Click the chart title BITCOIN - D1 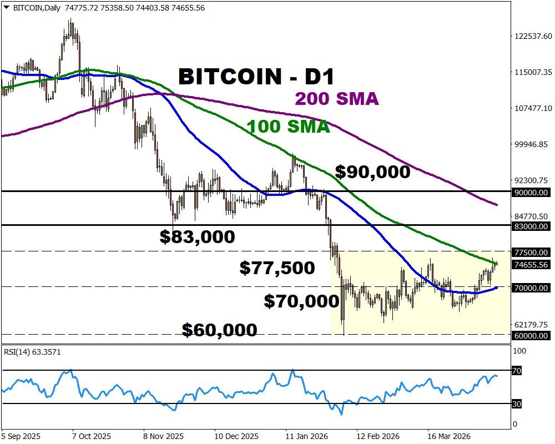[256, 76]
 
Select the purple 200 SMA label [336, 99]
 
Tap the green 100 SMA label [289, 127]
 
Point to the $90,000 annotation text [373, 172]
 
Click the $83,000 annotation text [197, 237]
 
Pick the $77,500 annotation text [277, 268]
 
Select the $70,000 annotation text [301, 301]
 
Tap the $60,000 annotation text [219, 330]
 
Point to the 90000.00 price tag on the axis [532, 193]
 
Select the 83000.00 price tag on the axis [532, 226]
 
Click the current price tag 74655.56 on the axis [532, 265]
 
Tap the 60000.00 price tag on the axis [532, 335]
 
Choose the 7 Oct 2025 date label [92, 436]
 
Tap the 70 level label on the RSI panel [516, 371]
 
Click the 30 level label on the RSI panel [516, 404]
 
